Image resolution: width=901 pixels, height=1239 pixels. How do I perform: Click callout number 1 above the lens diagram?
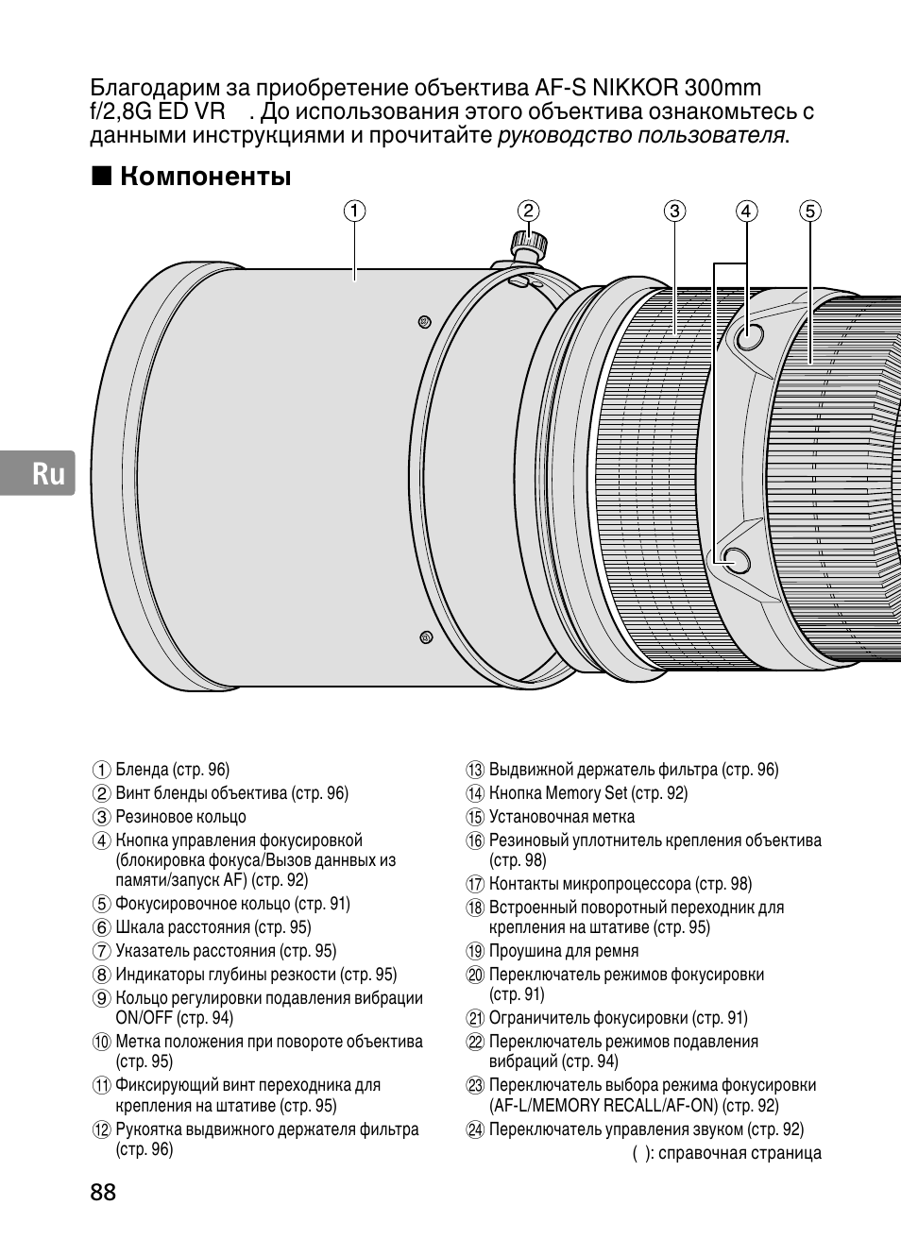(x=354, y=211)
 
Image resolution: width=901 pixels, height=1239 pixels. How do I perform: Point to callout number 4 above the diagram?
(x=746, y=211)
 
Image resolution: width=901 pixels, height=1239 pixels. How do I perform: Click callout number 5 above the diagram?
(x=809, y=211)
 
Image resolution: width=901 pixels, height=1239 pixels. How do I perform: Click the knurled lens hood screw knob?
(x=526, y=243)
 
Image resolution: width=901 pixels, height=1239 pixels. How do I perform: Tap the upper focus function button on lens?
(x=748, y=335)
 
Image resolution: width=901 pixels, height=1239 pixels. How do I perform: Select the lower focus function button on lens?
(x=735, y=559)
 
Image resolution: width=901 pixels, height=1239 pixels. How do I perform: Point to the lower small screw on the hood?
(x=425, y=637)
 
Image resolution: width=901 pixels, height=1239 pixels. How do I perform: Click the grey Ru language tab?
(x=37, y=473)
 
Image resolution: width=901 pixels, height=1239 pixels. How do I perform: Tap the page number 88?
(x=104, y=1192)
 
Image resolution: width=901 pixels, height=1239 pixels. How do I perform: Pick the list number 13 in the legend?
(x=475, y=771)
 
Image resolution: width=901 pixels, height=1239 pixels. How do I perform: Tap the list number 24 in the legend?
(x=475, y=1129)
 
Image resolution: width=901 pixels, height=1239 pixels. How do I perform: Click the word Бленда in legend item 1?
(x=142, y=770)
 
